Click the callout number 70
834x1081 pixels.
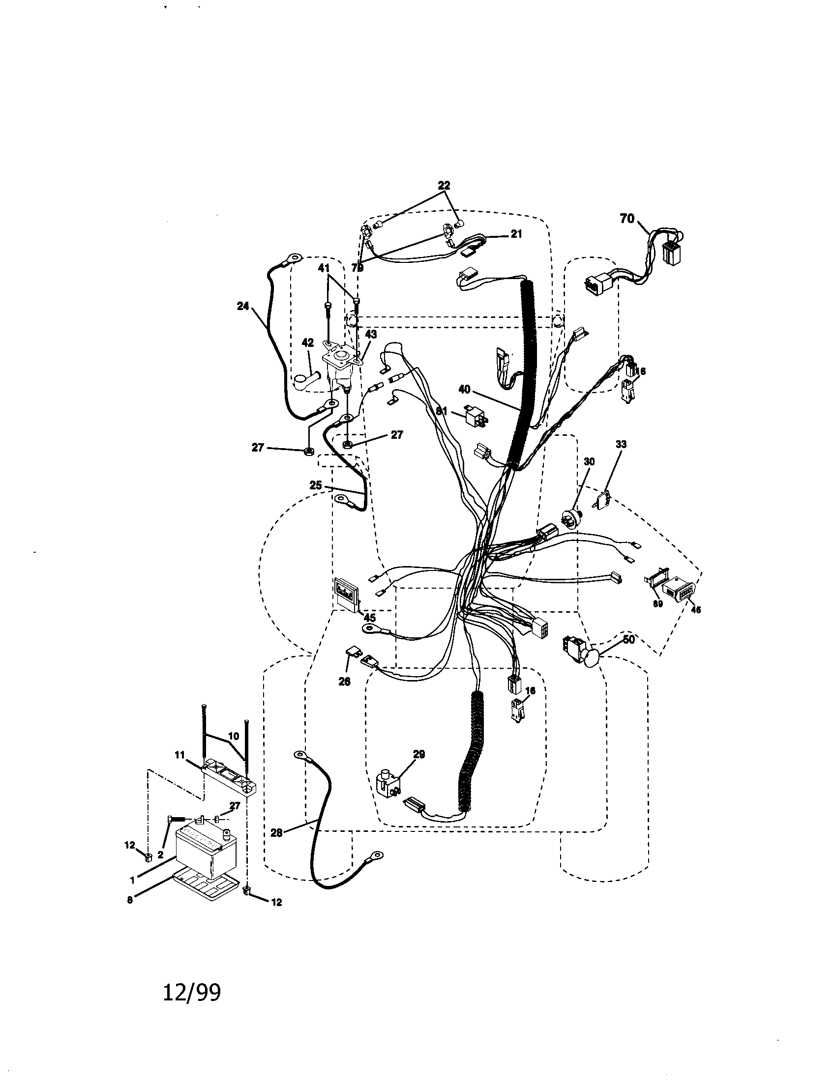[626, 218]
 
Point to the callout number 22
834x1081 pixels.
[444, 186]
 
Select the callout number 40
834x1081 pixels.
[464, 390]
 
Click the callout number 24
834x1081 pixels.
[242, 306]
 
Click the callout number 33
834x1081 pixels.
[621, 445]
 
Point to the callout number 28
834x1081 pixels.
[276, 832]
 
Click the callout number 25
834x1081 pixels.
[316, 485]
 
